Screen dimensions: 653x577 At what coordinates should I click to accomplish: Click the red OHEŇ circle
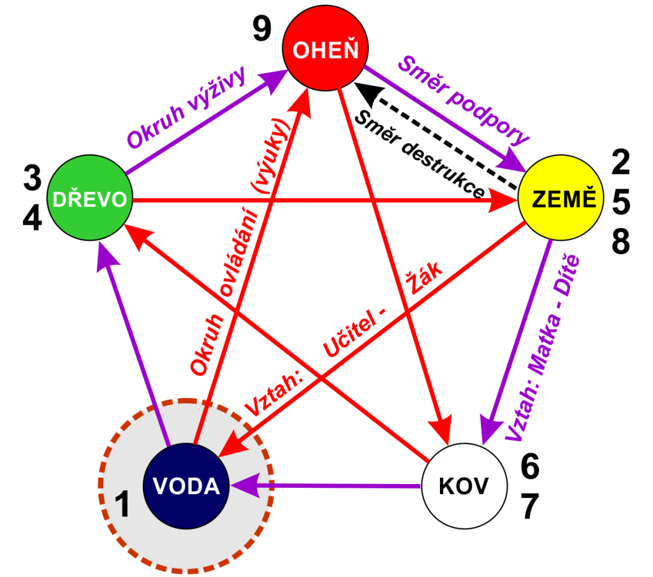coord(325,48)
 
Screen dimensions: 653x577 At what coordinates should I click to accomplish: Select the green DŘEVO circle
coord(89,197)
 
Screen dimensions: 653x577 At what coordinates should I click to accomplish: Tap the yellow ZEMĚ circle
coord(561,197)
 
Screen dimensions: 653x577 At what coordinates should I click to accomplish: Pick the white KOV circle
coord(464,486)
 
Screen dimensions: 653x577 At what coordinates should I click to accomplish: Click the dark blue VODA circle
coord(186,486)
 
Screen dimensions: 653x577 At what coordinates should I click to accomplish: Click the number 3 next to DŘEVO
coord(33,178)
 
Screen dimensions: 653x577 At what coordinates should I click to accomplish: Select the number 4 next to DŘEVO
coord(33,218)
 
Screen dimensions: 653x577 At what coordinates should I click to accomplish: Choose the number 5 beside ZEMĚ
coord(621,202)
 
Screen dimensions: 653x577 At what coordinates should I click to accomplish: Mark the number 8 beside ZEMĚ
coord(620,241)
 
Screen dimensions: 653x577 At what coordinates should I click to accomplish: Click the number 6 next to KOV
coord(530,466)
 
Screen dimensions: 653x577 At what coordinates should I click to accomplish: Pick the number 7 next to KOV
coord(530,506)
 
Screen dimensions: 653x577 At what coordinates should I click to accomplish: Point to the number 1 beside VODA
coord(122,504)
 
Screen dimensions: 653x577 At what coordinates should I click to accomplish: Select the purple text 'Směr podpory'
coord(463,100)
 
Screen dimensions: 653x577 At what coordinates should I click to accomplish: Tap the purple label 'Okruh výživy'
coord(186,107)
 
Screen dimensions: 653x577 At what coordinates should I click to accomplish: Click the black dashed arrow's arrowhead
coord(367,92)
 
